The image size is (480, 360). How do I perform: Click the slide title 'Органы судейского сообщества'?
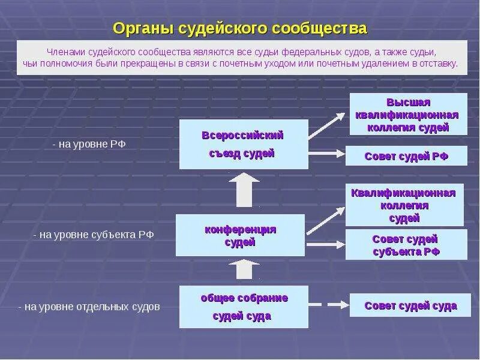tap(239, 28)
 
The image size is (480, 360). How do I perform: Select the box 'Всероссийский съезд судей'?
tap(243, 144)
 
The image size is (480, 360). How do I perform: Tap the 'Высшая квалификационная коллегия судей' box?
tap(407, 114)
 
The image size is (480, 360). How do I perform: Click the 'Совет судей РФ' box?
tap(406, 156)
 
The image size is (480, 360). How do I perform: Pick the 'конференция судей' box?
tap(240, 235)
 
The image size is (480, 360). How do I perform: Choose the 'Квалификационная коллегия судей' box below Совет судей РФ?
tap(404, 205)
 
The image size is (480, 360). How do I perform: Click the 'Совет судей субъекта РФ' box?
tap(406, 245)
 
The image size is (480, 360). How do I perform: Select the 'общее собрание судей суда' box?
tap(244, 307)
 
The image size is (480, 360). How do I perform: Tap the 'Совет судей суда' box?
tap(410, 305)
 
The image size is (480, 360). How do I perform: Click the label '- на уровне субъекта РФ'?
tap(94, 235)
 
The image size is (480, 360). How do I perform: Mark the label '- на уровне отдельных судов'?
tap(89, 307)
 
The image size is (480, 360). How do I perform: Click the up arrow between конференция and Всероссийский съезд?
tap(244, 190)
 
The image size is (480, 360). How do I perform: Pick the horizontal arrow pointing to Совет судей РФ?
tap(326, 154)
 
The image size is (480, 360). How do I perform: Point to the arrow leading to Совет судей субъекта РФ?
tap(326, 244)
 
